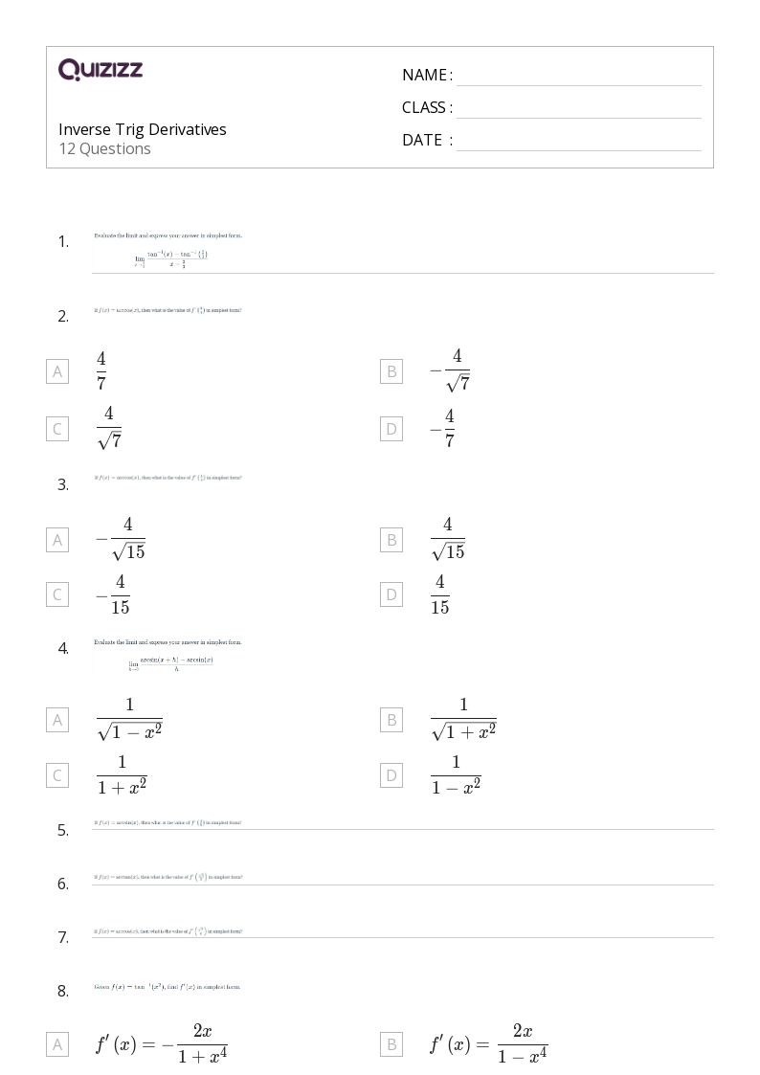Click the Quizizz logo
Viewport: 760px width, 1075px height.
tap(101, 69)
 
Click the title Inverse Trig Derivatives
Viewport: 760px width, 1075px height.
tap(143, 129)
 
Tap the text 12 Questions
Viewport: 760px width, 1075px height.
tap(104, 148)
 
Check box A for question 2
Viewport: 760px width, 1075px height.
tap(57, 371)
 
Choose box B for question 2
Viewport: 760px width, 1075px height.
tap(391, 371)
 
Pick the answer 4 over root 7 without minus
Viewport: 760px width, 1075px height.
tap(109, 428)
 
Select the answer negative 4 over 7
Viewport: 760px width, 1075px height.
tap(442, 428)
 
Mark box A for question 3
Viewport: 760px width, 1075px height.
tap(57, 540)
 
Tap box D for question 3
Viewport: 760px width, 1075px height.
tap(391, 594)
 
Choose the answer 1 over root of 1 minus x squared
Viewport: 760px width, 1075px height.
tap(129, 720)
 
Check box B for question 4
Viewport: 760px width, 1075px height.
tap(391, 720)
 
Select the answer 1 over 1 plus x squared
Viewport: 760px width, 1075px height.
tap(121, 774)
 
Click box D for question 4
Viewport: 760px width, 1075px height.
tap(391, 774)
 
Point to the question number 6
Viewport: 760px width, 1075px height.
tap(63, 884)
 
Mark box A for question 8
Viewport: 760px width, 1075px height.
tap(57, 1044)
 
